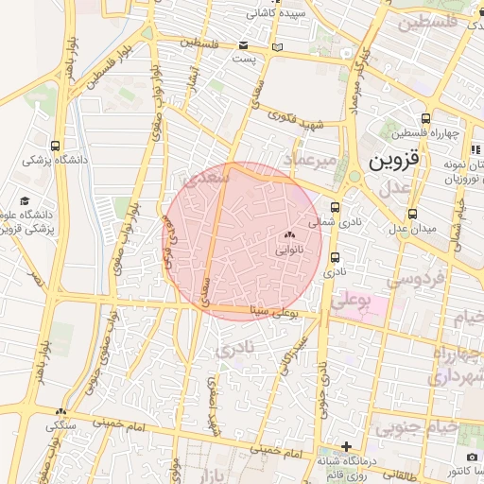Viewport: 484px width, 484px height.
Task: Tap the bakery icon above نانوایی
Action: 289,234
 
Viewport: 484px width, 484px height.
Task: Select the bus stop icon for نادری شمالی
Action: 335,208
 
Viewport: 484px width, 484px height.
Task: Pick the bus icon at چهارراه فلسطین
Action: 426,119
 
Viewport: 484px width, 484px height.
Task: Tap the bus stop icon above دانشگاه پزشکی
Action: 56,147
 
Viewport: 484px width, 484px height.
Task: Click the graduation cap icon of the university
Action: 25,201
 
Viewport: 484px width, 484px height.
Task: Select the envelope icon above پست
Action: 244,45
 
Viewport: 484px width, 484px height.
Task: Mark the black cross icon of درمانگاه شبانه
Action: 347,446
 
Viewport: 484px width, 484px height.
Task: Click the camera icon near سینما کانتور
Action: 445,458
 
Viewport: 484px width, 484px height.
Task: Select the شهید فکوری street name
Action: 296,121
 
